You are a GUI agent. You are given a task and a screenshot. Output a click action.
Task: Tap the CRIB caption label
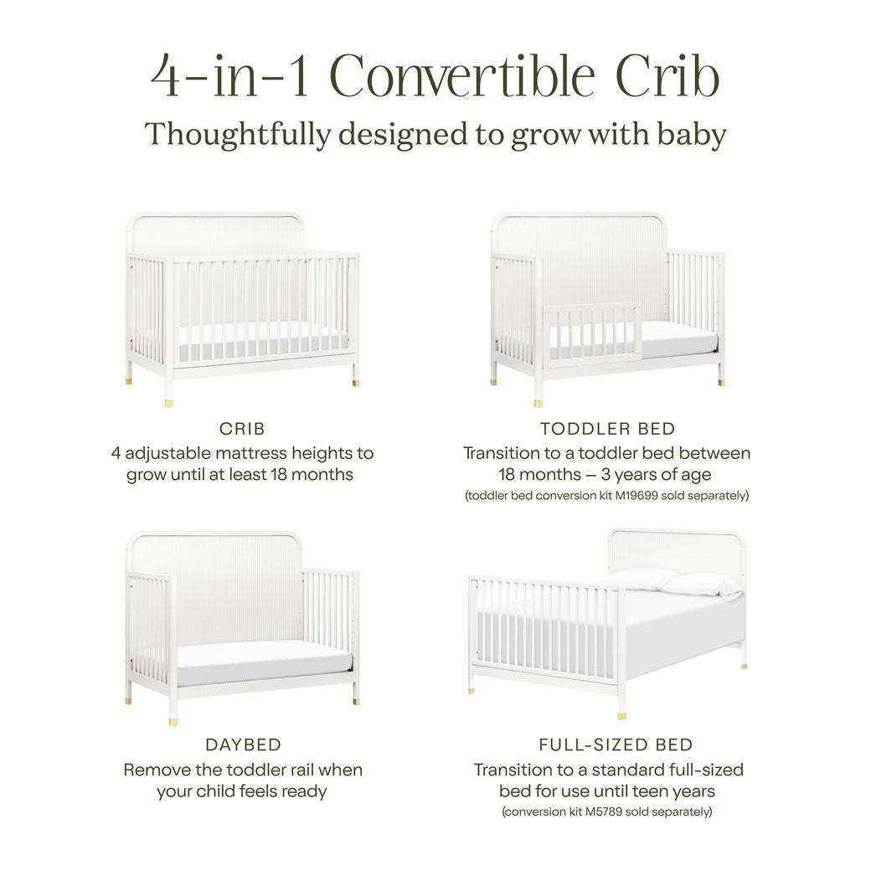242,429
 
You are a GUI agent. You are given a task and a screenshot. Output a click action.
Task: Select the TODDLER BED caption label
607,429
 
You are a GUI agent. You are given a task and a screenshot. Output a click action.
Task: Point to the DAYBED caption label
243,745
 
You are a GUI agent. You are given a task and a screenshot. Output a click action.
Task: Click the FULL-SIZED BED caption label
616,745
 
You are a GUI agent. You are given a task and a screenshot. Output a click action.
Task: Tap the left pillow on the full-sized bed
641,577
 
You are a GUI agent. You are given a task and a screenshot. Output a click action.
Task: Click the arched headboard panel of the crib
215,234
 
